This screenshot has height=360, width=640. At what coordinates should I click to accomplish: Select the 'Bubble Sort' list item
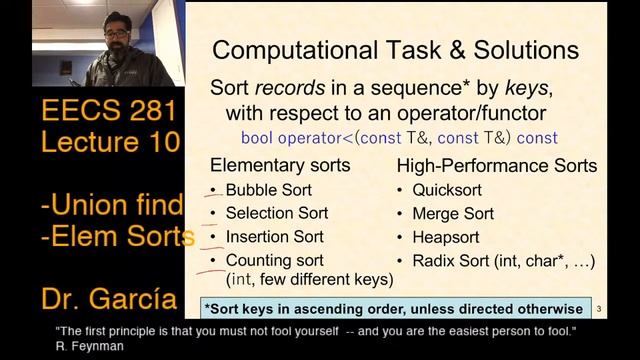(268, 190)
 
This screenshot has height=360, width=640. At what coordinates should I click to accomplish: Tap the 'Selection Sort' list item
(275, 214)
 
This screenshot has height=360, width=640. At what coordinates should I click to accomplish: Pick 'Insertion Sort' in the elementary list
(275, 238)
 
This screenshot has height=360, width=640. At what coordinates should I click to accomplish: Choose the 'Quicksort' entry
(452, 190)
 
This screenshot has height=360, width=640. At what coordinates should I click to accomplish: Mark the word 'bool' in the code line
(257, 137)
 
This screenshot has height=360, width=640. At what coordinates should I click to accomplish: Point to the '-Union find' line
(111, 205)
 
